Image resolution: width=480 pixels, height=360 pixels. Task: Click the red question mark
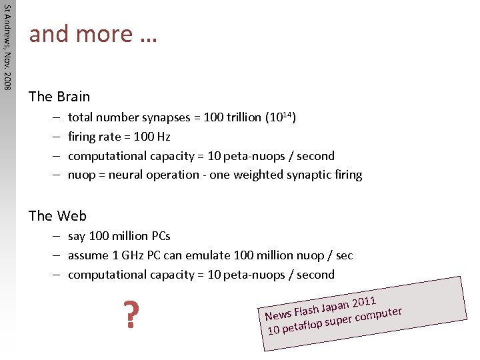132,315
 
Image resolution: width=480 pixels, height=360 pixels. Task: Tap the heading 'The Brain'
59,97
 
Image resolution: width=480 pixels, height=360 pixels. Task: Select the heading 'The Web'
57,215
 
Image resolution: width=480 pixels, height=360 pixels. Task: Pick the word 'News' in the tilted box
278,314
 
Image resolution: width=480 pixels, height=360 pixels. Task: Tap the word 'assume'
88,255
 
